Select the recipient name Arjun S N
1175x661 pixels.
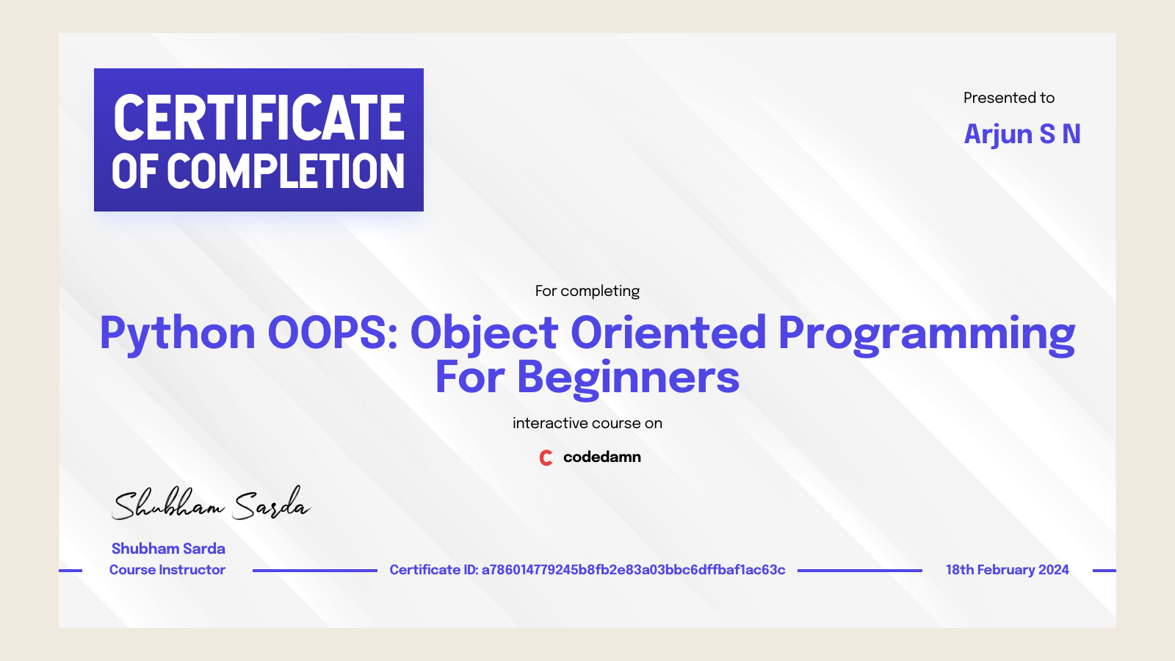1022,134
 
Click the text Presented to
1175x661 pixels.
1008,98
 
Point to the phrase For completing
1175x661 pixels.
587,291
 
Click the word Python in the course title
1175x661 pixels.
177,333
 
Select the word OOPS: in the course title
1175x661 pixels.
333,333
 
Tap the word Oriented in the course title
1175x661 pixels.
668,333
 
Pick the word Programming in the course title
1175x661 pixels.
927,333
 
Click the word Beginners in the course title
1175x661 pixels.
628,378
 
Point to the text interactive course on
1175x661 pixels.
587,423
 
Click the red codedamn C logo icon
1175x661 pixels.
546,458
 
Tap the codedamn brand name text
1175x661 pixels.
601,457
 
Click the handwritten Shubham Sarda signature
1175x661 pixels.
210,504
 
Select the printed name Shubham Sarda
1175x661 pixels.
168,549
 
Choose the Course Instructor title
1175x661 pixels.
167,570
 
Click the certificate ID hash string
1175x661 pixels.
633,570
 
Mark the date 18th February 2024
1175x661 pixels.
1007,570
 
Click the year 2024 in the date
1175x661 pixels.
1053,570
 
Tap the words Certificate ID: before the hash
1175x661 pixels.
433,570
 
